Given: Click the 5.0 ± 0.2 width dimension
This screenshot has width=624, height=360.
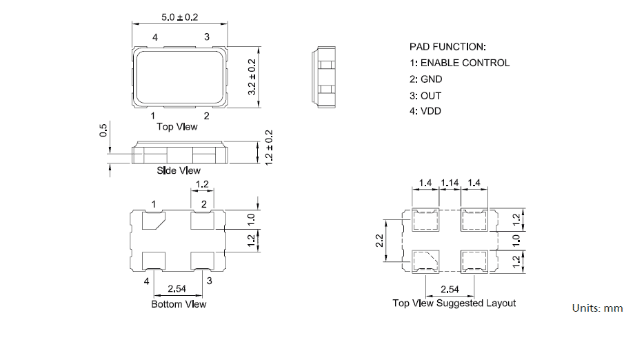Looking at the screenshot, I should coord(179,17).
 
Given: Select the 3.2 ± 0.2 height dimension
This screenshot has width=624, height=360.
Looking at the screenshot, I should coord(252,77).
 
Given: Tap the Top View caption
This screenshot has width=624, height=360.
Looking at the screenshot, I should coord(177,126).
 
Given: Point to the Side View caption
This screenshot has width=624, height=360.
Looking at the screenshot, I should coord(179,170).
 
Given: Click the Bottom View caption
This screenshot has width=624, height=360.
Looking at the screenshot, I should coord(179,303).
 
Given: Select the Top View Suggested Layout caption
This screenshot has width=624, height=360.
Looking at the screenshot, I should coord(454,303).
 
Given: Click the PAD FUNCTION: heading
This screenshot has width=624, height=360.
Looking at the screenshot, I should coord(447,47).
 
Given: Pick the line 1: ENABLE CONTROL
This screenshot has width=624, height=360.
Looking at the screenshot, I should coord(459,63).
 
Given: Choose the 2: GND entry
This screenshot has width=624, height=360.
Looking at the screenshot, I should coord(425,79).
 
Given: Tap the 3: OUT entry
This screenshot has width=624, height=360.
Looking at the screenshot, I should coord(425,96).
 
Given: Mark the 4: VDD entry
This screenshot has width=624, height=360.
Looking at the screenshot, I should coord(425,112).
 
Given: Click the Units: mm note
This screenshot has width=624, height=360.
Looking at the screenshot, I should coord(597,308).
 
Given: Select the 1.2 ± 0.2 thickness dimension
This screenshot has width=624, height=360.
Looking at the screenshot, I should coord(270,146).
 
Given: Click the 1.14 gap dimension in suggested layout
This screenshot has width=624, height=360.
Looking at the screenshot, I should coord(450,183).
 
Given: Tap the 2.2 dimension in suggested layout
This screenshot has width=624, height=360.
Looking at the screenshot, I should coord(379,241).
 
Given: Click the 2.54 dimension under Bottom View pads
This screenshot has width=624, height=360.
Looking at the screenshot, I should coord(179,290).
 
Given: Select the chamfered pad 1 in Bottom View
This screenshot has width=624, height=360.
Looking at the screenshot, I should coord(152,221).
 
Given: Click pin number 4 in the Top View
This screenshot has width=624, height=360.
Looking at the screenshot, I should coord(154,37).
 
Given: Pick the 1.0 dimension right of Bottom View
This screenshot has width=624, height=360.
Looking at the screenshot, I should coord(252,219).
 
